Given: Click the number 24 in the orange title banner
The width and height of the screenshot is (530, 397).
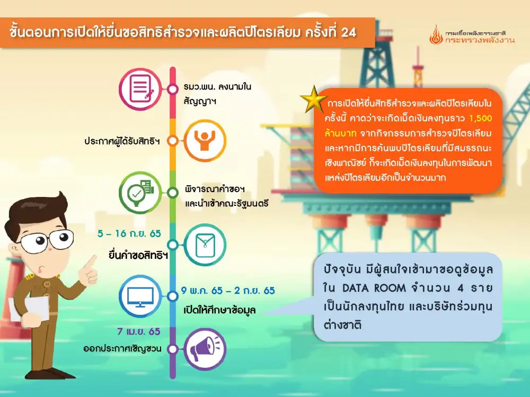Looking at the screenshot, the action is [x=349, y=32].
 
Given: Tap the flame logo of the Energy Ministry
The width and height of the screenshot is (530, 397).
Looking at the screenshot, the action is [x=436, y=35].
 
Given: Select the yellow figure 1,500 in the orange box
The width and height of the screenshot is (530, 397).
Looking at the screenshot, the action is [x=480, y=118].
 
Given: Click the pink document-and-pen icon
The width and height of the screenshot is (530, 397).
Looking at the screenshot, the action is [x=140, y=89].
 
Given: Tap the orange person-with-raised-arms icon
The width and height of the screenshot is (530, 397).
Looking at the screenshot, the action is [x=205, y=140].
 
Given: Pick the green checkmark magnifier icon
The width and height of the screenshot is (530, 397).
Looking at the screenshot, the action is [x=140, y=193].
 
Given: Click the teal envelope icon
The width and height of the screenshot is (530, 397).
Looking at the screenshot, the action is [x=205, y=245].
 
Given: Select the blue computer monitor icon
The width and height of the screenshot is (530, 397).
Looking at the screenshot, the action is [x=140, y=296].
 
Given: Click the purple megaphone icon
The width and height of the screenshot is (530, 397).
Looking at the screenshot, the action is [x=205, y=349].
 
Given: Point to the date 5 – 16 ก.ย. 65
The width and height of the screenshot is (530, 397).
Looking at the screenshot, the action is [x=129, y=233].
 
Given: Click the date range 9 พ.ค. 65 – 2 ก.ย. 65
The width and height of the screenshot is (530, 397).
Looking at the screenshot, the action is [x=228, y=291].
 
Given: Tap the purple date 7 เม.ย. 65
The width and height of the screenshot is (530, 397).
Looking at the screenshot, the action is [x=138, y=331].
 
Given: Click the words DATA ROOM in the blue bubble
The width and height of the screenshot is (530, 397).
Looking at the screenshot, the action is [x=374, y=288].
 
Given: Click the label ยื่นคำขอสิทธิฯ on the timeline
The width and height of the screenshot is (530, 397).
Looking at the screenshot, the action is [x=138, y=255].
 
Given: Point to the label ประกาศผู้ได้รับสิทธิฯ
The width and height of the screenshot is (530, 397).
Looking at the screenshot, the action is [x=122, y=141].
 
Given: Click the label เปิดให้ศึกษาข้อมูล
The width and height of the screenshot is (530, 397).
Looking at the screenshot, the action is [x=220, y=310].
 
